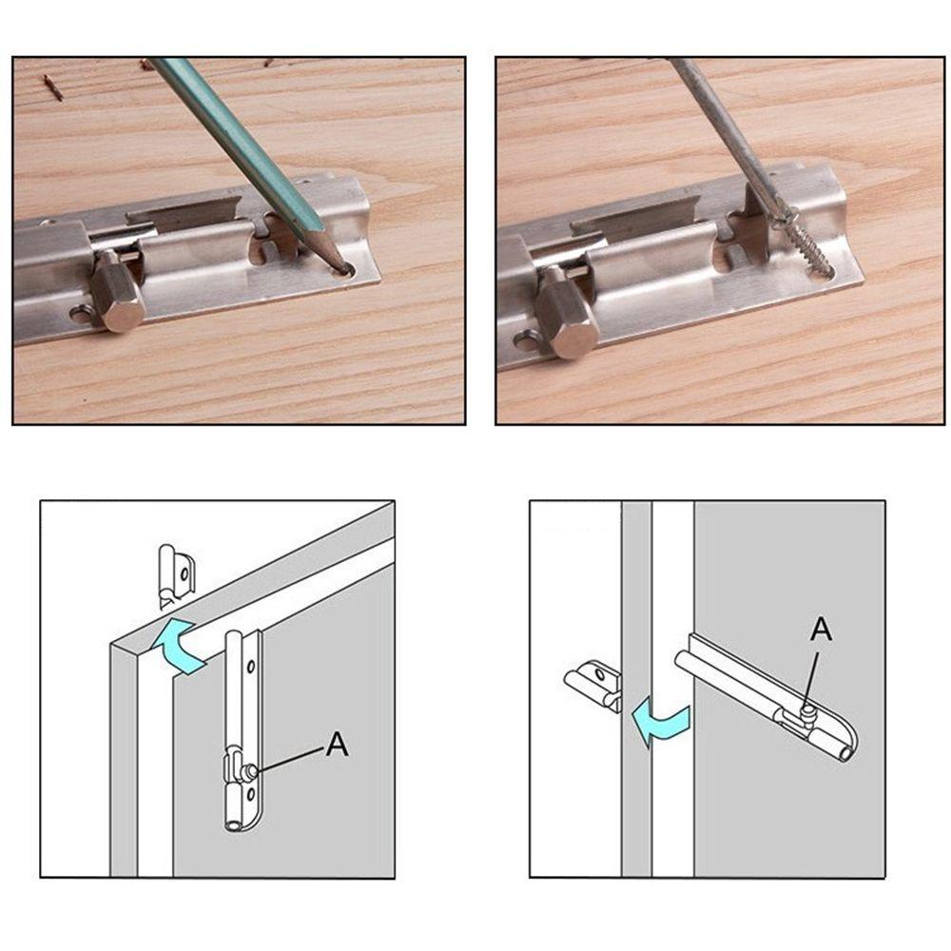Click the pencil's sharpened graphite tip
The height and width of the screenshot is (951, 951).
click(x=342, y=266)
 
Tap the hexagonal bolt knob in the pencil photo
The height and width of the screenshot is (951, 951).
click(x=118, y=292)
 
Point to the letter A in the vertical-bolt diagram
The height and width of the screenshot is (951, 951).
click(x=338, y=744)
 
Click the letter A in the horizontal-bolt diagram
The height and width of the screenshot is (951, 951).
click(x=822, y=629)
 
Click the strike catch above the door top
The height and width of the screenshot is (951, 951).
click(x=176, y=576)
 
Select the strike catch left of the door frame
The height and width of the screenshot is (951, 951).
click(x=592, y=686)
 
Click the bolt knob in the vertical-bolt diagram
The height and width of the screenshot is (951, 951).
click(x=248, y=771)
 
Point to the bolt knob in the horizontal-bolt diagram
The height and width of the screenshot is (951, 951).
click(x=806, y=709)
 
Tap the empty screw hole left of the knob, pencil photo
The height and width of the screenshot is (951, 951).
click(x=80, y=314)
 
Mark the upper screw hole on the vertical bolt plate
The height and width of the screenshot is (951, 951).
click(x=250, y=668)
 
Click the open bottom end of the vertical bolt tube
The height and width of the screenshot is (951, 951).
click(x=233, y=825)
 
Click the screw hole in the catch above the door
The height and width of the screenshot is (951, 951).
click(x=185, y=573)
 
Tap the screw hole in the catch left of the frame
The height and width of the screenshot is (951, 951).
click(x=600, y=674)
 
